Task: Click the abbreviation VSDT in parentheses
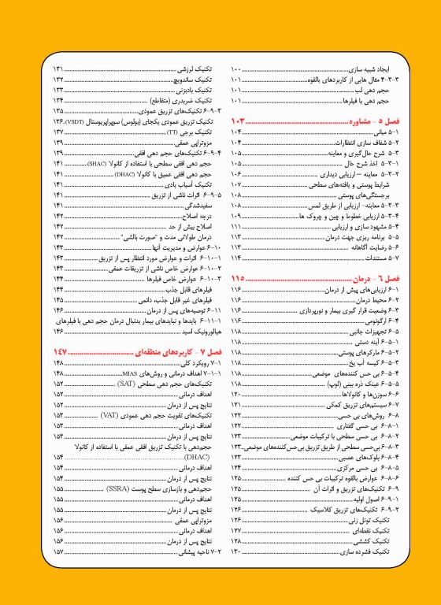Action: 78,122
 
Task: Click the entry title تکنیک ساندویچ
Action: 195,81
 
